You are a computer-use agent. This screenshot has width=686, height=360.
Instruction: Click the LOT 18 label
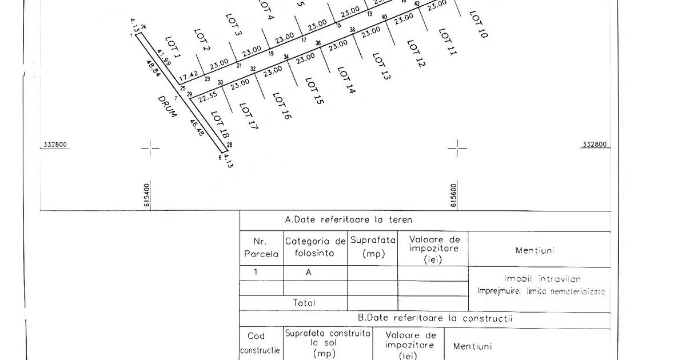220,126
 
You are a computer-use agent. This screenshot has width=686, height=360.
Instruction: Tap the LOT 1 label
173,48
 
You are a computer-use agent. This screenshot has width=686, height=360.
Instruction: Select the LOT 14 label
346,81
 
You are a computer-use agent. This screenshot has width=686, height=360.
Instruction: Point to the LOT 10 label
478,24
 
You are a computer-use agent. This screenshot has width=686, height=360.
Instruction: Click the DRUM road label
167,106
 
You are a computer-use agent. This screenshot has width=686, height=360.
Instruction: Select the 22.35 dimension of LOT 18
208,97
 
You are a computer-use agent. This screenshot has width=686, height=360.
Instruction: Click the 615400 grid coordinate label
147,195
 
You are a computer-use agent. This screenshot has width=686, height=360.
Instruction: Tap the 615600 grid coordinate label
454,195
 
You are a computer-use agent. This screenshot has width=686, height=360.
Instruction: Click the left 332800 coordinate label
55,145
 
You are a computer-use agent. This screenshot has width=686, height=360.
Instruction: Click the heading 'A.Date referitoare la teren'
348,219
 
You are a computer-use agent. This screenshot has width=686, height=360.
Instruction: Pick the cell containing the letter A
308,273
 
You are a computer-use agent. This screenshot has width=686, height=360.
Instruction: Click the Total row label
304,303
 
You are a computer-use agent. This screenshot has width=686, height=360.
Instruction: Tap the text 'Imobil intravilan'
542,279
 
